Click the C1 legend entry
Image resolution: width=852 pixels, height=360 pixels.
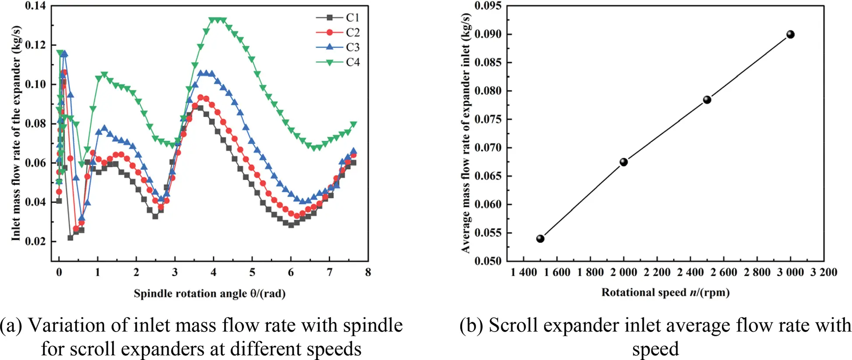(x=338, y=17)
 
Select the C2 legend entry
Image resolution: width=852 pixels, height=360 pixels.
(x=338, y=32)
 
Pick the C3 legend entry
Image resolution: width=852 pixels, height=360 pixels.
(x=338, y=47)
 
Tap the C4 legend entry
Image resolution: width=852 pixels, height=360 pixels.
(x=338, y=62)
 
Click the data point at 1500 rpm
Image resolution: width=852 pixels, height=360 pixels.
(x=540, y=239)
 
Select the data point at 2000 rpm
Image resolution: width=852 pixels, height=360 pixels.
(x=623, y=162)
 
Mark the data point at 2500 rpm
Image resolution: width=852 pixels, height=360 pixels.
(x=707, y=100)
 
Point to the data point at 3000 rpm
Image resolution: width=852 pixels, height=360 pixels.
(x=790, y=35)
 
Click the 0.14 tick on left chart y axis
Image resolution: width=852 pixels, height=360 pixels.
(x=35, y=6)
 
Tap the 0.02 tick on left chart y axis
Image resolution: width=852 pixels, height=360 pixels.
(x=35, y=241)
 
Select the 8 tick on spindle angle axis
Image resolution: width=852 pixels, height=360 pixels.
(x=368, y=272)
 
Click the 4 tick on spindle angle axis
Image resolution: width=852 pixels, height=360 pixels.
(x=213, y=272)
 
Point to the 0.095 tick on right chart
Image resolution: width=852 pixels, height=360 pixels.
(x=488, y=6)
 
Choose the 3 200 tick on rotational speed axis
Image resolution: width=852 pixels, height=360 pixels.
(x=824, y=272)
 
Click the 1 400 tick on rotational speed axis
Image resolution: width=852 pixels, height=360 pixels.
(x=524, y=272)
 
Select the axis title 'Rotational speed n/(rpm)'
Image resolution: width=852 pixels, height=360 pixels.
(x=665, y=292)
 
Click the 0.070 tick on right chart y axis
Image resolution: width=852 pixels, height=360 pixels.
(x=488, y=148)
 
